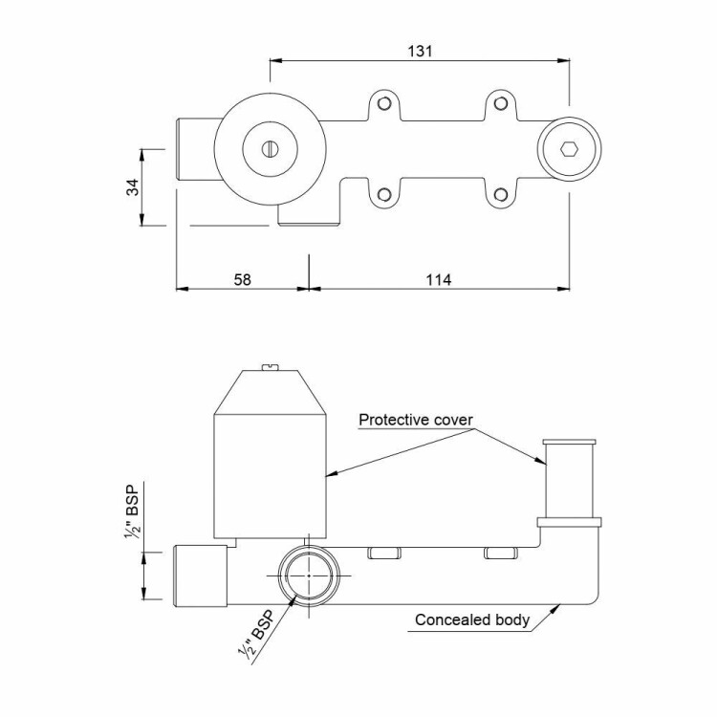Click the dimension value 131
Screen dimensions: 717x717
pos(420,51)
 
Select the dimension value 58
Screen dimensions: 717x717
pos(243,279)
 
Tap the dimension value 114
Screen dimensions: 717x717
pos(439,279)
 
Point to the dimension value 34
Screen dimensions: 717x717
pos(133,187)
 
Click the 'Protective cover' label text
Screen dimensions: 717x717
pos(416,420)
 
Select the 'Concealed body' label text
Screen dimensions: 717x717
pos(472,620)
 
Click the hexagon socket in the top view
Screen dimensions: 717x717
pos(569,149)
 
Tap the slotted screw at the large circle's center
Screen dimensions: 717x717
pos(270,148)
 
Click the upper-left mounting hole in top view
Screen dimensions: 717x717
pos(384,104)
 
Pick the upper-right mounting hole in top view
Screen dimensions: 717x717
pos(501,104)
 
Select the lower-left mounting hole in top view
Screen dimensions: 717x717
pos(384,195)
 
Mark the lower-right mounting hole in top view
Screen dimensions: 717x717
pos(501,195)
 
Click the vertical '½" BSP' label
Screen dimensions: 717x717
pos(132,510)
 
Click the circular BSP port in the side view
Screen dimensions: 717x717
pos(309,576)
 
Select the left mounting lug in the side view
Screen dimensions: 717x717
pos(384,554)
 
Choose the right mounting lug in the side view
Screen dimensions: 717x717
pos(501,554)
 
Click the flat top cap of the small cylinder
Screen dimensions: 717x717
pos(570,442)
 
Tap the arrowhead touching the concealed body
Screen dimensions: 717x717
pos(555,608)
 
